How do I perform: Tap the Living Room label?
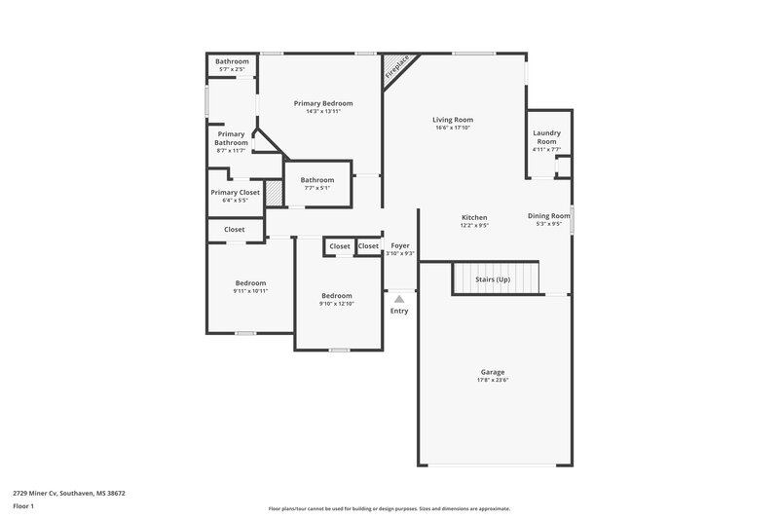pos(452,120)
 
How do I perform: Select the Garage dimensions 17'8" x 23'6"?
pos(494,380)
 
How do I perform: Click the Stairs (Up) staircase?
pos(495,278)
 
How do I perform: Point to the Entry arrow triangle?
pos(399,299)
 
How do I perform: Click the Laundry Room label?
pos(546,137)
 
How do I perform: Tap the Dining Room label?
pos(548,216)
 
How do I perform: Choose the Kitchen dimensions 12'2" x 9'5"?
pos(473,225)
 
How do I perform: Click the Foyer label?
pos(400,245)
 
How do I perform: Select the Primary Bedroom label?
pos(323,103)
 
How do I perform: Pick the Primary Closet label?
pos(235,193)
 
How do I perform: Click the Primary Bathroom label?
pos(232,138)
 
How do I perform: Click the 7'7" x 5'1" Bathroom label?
pos(317,179)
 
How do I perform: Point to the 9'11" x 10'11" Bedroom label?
pos(250,282)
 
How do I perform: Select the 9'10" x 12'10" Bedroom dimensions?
pos(337,304)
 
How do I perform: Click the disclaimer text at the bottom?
pos(389,508)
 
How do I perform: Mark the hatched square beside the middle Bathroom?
pos(276,193)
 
